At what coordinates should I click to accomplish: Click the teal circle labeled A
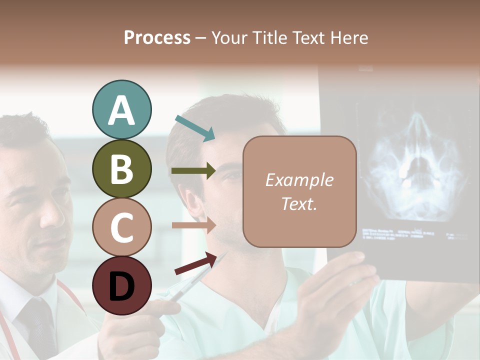(x=121, y=109)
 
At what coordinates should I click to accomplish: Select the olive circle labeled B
(x=121, y=168)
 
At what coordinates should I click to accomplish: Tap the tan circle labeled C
(x=121, y=227)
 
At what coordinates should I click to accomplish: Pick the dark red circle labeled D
(x=121, y=286)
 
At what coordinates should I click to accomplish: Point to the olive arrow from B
(x=193, y=171)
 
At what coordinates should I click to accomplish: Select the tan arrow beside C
(x=193, y=225)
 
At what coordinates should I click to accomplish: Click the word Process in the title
(x=157, y=37)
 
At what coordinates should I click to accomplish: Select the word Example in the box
(x=299, y=180)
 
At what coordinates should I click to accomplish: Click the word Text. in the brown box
(x=299, y=203)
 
